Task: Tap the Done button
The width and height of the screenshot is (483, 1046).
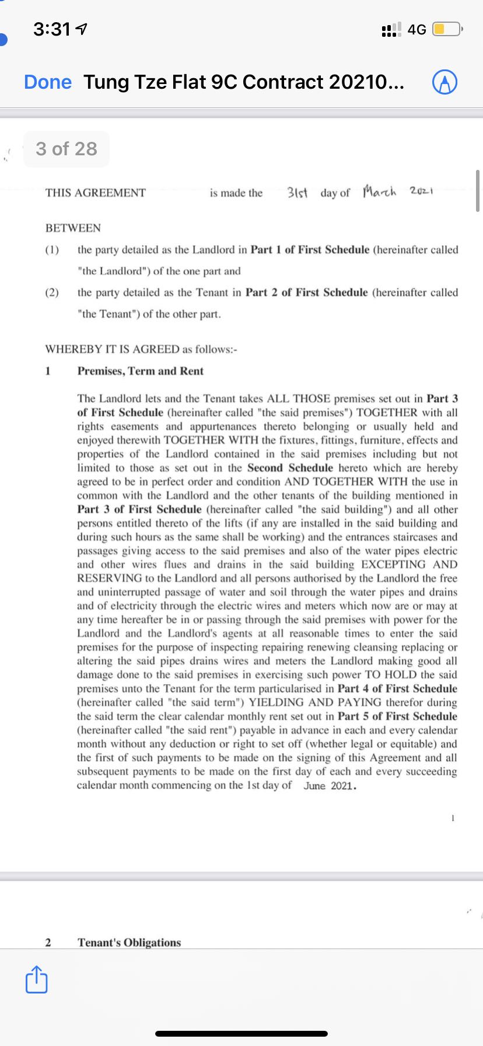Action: click(x=48, y=82)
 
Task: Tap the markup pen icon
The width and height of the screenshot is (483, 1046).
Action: click(x=444, y=83)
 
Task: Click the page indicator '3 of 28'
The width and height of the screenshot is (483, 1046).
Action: click(x=66, y=149)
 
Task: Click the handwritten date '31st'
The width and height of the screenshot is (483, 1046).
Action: click(x=299, y=193)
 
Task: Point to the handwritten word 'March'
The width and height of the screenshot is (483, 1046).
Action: click(x=379, y=191)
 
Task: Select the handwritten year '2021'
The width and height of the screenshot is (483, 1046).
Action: click(x=421, y=191)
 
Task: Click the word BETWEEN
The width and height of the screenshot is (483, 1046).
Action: click(x=73, y=228)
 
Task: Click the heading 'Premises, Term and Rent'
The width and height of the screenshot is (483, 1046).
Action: click(x=141, y=371)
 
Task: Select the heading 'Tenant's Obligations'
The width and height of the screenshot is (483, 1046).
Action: click(x=129, y=942)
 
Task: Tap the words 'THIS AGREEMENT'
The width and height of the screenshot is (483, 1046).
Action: click(x=96, y=193)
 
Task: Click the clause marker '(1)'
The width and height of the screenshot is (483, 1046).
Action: click(x=52, y=250)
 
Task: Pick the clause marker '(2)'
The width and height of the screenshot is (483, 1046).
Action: click(x=52, y=292)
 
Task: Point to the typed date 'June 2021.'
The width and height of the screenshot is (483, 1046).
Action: click(x=330, y=786)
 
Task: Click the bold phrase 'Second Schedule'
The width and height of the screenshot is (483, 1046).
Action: click(x=290, y=468)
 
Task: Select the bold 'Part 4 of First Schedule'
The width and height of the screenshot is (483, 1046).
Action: click(x=397, y=689)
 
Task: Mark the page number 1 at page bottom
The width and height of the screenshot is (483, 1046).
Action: click(x=452, y=818)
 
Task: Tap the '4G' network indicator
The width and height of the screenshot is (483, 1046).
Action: click(x=417, y=29)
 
